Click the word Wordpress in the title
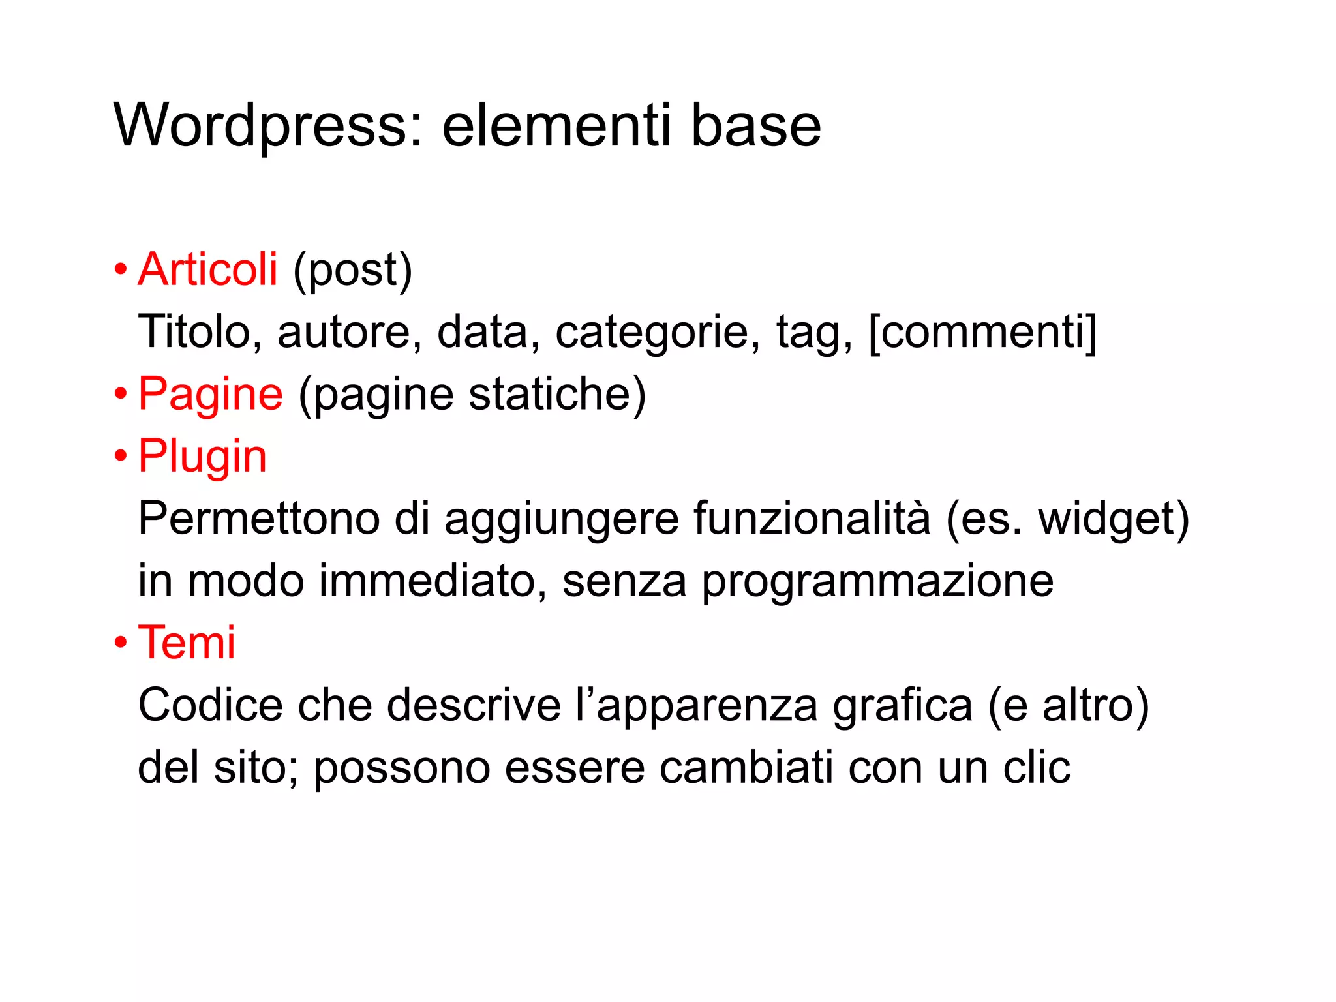261,125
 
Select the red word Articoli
207,269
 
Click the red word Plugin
202,456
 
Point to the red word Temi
187,643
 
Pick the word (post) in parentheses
352,270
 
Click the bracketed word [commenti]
982,332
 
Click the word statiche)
557,394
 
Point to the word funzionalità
812,519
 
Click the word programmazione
877,582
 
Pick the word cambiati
746,767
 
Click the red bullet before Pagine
121,394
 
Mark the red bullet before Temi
121,643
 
